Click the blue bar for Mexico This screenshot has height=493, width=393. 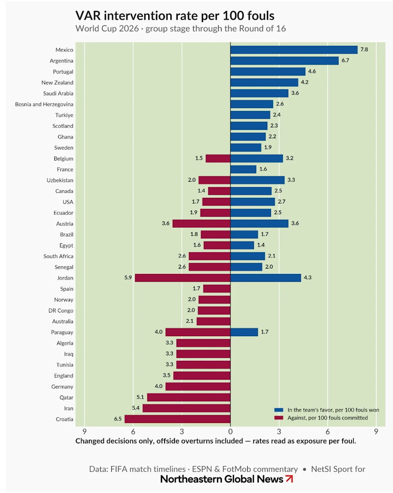tap(294, 50)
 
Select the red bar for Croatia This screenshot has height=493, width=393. tap(178, 419)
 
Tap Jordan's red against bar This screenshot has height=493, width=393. tap(183, 278)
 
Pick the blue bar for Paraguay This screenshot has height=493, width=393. tap(244, 332)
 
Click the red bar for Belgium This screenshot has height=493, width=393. tap(218, 158)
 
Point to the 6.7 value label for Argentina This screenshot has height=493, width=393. tap(345, 60)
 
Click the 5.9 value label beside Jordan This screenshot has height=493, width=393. tap(128, 278)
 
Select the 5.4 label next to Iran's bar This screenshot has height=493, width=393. tap(136, 408)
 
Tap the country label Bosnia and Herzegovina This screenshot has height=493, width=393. tap(44, 104)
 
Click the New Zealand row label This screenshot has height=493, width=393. tap(57, 82)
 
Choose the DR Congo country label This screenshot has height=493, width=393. tap(61, 311)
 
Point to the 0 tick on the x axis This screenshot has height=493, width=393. tap(230, 432)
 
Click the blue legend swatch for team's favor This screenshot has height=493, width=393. tap(279, 410)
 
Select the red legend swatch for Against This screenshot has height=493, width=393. tap(279, 418)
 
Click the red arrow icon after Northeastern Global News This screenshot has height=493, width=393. tap(289, 479)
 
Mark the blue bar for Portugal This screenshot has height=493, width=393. tap(268, 72)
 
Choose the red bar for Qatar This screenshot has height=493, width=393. tap(189, 398)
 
